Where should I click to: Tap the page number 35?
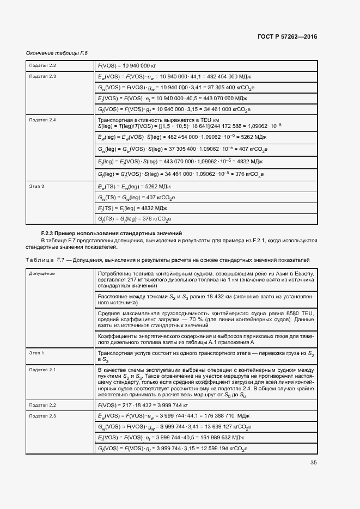pyautogui.click(x=314, y=463)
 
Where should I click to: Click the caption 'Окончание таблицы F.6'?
pyautogui.click(x=57, y=53)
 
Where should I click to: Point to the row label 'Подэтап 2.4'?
pyautogui.click(x=42, y=119)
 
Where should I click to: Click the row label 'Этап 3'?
pyautogui.click(x=36, y=186)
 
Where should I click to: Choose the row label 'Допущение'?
pyautogui.click(x=42, y=273)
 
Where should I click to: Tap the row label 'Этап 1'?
pyautogui.click(x=36, y=353)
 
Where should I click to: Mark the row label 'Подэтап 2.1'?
pyautogui.click(x=42, y=370)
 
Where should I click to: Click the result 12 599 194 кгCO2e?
pyautogui.click(x=223, y=449)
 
